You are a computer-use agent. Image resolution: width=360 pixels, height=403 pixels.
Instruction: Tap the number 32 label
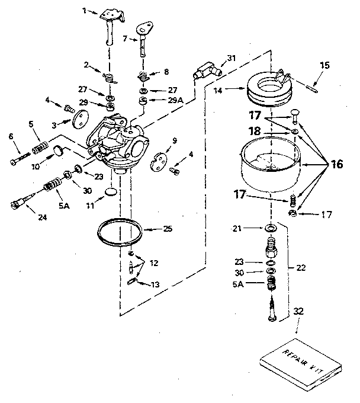(298, 311)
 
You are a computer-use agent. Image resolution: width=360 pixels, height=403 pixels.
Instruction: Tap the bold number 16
(336, 165)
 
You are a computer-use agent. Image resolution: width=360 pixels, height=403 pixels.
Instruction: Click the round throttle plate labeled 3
(76, 123)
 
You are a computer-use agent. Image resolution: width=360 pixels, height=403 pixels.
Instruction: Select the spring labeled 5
(39, 145)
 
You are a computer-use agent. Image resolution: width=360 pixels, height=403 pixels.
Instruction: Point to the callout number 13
(155, 284)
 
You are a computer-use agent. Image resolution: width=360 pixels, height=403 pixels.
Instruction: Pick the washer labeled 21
(269, 228)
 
